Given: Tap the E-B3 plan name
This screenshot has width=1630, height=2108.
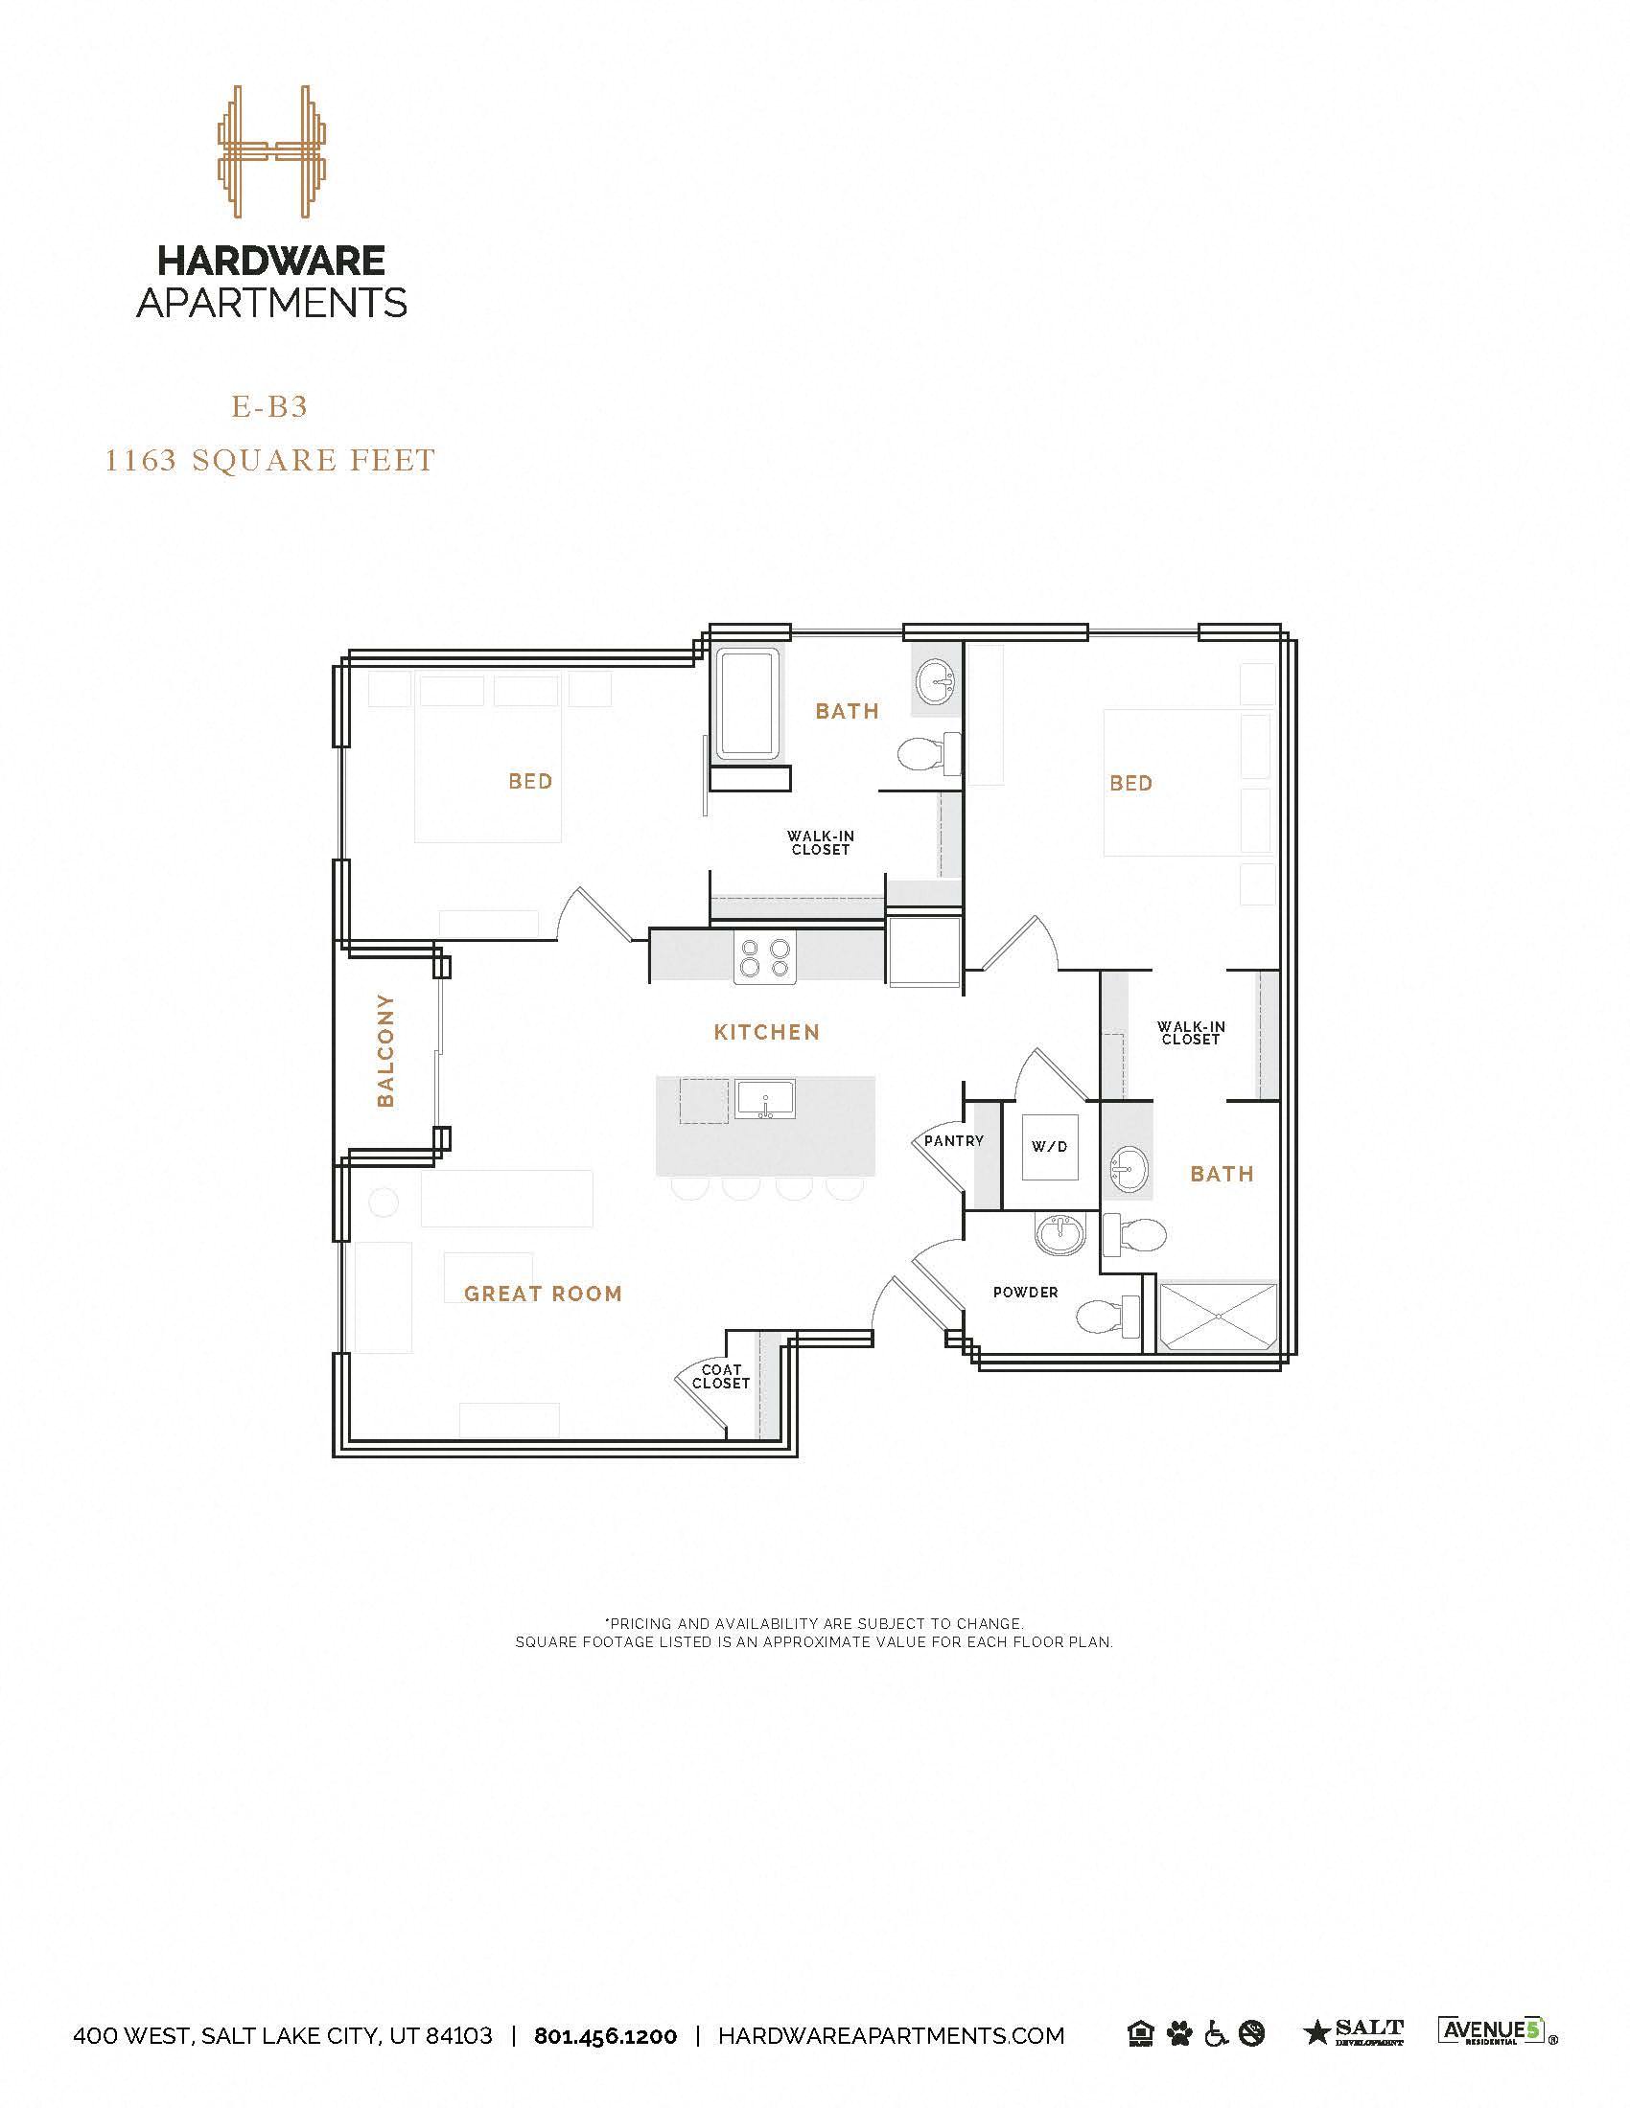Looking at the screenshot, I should click(269, 407).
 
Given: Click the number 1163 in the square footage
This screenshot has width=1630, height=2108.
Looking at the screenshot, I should click(141, 460).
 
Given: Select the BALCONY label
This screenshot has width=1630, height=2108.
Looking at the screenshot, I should click(385, 1050).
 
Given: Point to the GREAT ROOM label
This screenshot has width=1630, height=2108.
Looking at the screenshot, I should click(543, 1295).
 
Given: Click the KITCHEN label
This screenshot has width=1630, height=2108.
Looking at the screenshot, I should click(767, 1033).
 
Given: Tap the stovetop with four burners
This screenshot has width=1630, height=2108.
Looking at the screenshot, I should click(764, 957).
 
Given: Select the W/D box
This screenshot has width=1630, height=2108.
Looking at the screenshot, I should click(1050, 1147).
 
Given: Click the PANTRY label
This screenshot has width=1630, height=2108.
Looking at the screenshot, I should click(953, 1141).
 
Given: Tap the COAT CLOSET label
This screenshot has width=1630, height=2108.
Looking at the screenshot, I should click(720, 1376).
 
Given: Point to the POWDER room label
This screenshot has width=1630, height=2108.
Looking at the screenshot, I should click(1026, 1293).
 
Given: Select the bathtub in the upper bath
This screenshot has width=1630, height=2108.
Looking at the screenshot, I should click(749, 701).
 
